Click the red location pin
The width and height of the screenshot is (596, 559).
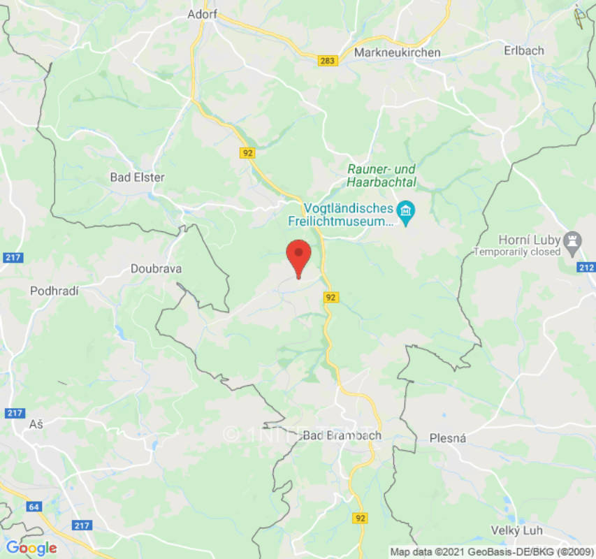(299, 256)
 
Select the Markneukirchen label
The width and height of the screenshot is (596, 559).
(397, 53)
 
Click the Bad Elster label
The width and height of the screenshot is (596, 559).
(137, 177)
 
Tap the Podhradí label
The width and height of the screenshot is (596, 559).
(54, 291)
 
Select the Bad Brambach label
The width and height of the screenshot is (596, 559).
(342, 435)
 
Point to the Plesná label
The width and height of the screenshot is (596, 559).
(447, 438)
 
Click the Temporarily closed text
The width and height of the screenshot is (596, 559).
(517, 252)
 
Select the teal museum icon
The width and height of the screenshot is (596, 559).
(405, 209)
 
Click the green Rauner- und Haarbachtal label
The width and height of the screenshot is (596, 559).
(381, 176)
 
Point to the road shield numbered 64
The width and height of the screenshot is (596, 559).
(34, 506)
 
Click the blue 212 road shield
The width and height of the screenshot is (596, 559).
(586, 268)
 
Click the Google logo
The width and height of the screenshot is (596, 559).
(31, 548)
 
